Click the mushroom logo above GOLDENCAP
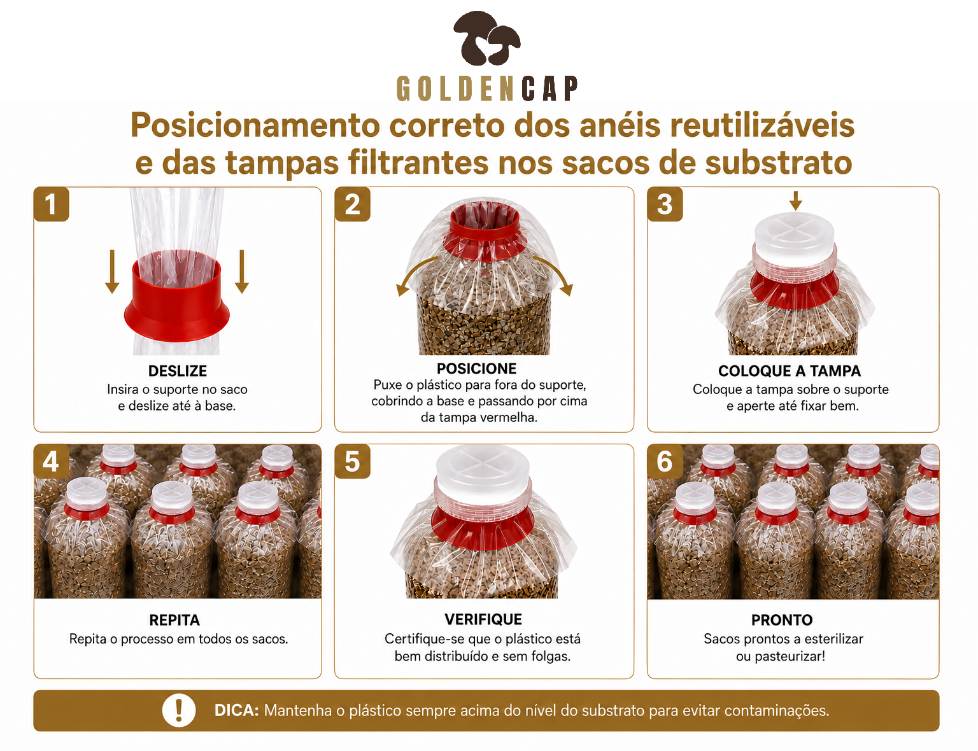(487, 39)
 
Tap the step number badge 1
(52, 204)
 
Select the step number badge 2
(352, 204)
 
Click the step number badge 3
(665, 204)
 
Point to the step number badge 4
(52, 461)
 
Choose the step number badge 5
(352, 461)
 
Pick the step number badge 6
(665, 461)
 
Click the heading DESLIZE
(178, 371)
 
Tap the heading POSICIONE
(477, 368)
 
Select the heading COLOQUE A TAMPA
(790, 371)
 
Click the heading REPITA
(174, 620)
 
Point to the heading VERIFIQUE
(483, 619)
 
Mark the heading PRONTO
(782, 620)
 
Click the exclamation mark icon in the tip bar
(179, 710)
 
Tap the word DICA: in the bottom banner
(236, 710)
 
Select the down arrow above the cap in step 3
(796, 200)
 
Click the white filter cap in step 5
(483, 472)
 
